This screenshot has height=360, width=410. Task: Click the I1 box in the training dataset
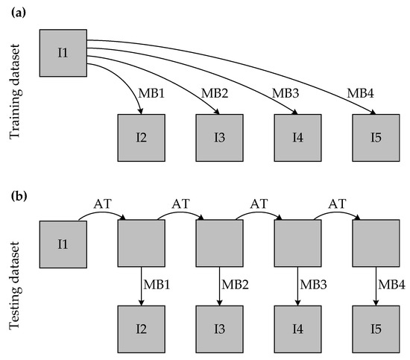tap(63, 53)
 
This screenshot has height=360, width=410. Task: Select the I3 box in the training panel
tap(219, 138)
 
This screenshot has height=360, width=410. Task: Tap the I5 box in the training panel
tap(376, 138)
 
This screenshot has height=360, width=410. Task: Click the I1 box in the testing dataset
tap(63, 244)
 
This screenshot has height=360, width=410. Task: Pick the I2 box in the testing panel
tap(141, 329)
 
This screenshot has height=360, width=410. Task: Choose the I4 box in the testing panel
tap(297, 329)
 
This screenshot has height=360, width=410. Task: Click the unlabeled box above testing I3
tap(219, 243)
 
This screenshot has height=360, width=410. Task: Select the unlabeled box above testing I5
tap(376, 243)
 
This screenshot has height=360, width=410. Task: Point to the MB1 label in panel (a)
tap(151, 93)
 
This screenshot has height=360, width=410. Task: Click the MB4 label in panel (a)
tap(360, 93)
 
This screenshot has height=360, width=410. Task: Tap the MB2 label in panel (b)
tap(235, 285)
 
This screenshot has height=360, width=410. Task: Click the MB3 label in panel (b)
tap(313, 285)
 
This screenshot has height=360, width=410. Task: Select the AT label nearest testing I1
tap(103, 203)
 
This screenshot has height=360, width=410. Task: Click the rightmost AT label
tap(337, 203)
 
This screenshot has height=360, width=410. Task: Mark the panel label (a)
tap(19, 13)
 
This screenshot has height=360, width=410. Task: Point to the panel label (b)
tap(19, 196)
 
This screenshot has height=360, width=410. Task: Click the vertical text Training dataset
tap(15, 91)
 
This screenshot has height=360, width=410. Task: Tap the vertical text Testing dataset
tap(15, 285)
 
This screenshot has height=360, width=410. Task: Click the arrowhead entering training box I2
tap(141, 112)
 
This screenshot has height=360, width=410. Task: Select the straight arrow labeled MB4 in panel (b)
tap(376, 286)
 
